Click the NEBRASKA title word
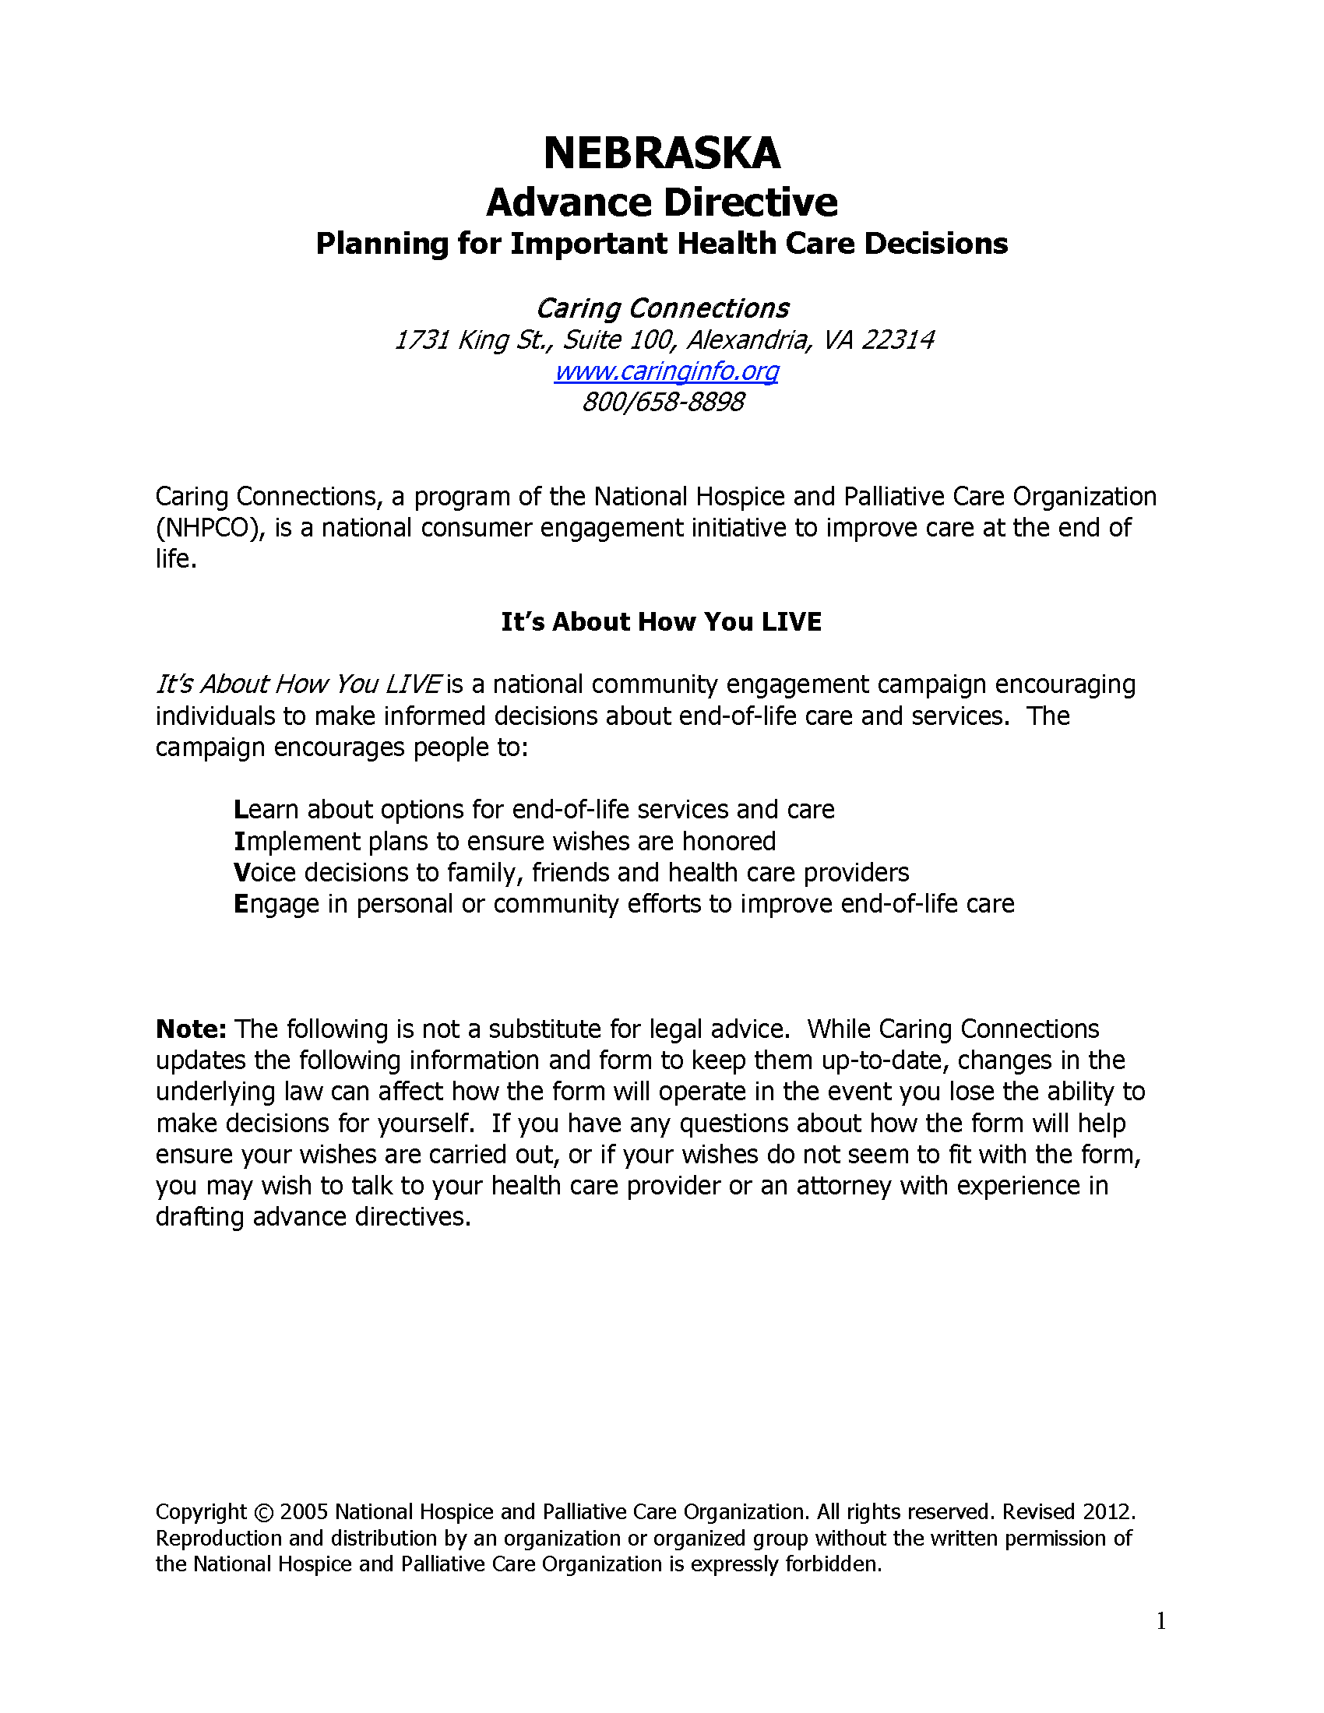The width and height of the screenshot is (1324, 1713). pos(661,153)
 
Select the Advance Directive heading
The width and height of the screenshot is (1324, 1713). pos(661,202)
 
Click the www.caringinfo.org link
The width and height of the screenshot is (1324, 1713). pos(666,371)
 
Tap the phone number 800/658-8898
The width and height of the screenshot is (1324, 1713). pos(663,403)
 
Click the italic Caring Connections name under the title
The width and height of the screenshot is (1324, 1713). pos(662,308)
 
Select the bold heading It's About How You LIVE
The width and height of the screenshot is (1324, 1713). pos(661,622)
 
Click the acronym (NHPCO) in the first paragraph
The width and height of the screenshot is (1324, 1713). pos(208,528)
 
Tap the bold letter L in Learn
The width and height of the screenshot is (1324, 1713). pos(240,810)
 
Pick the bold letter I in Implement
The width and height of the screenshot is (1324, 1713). pos(239,841)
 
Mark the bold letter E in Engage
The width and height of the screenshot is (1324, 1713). pos(241,903)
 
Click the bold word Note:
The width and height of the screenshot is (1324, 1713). pos(192,1029)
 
